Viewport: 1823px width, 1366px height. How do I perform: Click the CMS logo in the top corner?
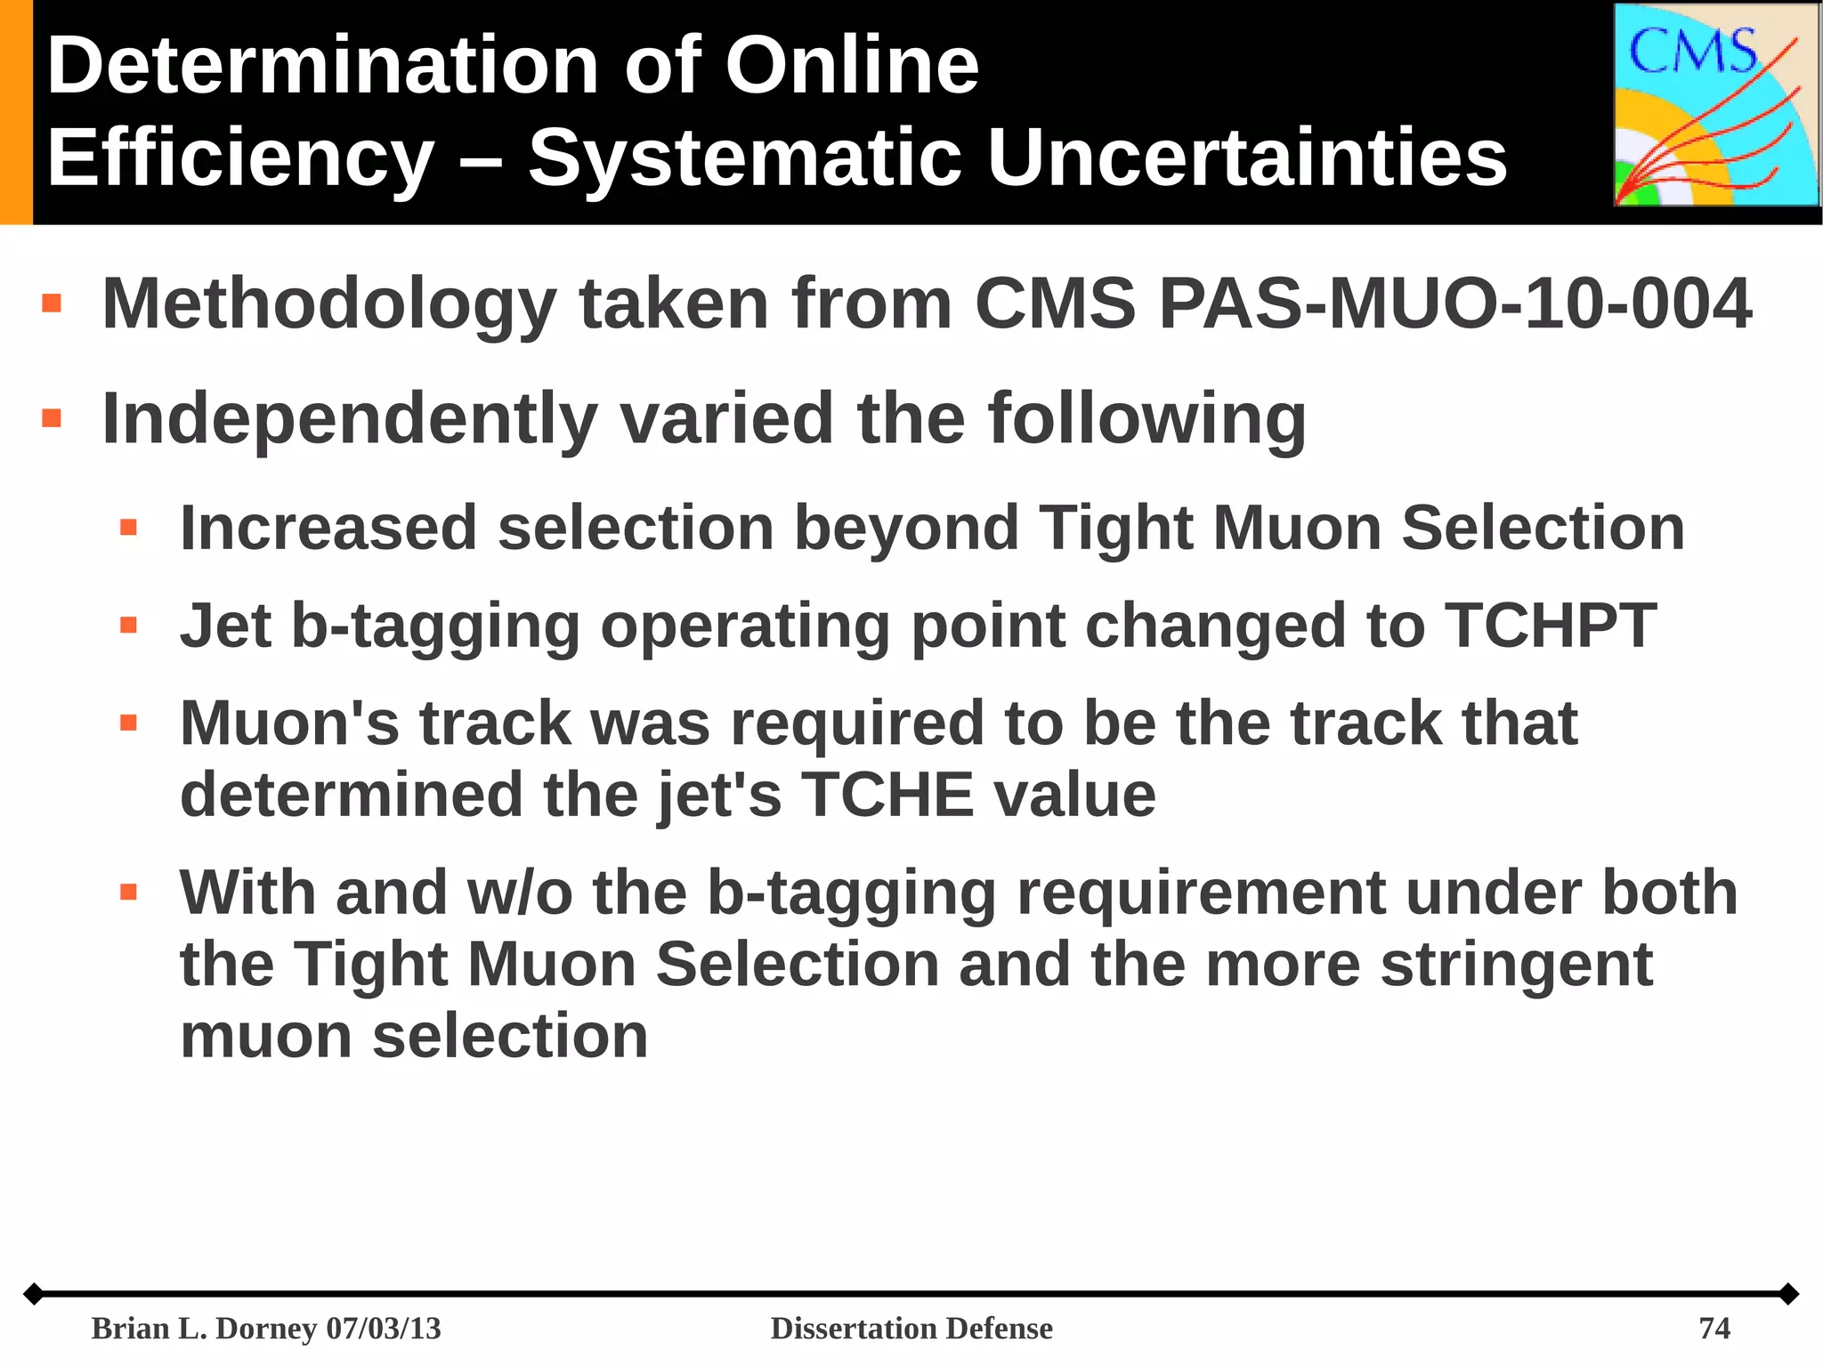pyautogui.click(x=1716, y=105)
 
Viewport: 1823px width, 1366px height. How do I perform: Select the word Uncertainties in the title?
pyautogui.click(x=1246, y=158)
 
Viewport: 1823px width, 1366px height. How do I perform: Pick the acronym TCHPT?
pyautogui.click(x=1550, y=626)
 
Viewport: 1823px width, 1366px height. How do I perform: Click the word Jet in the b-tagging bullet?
pyautogui.click(x=225, y=626)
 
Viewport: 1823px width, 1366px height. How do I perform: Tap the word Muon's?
pyautogui.click(x=289, y=723)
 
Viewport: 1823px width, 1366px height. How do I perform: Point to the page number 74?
pyautogui.click(x=1714, y=1328)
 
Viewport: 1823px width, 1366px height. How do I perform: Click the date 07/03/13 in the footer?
pyautogui.click(x=384, y=1328)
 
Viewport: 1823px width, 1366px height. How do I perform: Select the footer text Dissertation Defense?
pyautogui.click(x=911, y=1328)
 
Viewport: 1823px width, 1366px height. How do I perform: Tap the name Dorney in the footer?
pyautogui.click(x=266, y=1328)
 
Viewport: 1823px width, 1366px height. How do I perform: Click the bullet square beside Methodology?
pyautogui.click(x=52, y=303)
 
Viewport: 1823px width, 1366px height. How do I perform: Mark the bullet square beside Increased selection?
pyautogui.click(x=128, y=528)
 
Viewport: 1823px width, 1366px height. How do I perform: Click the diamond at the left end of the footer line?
pyautogui.click(x=33, y=1293)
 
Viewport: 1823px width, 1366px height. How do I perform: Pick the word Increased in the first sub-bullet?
pyautogui.click(x=328, y=529)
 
